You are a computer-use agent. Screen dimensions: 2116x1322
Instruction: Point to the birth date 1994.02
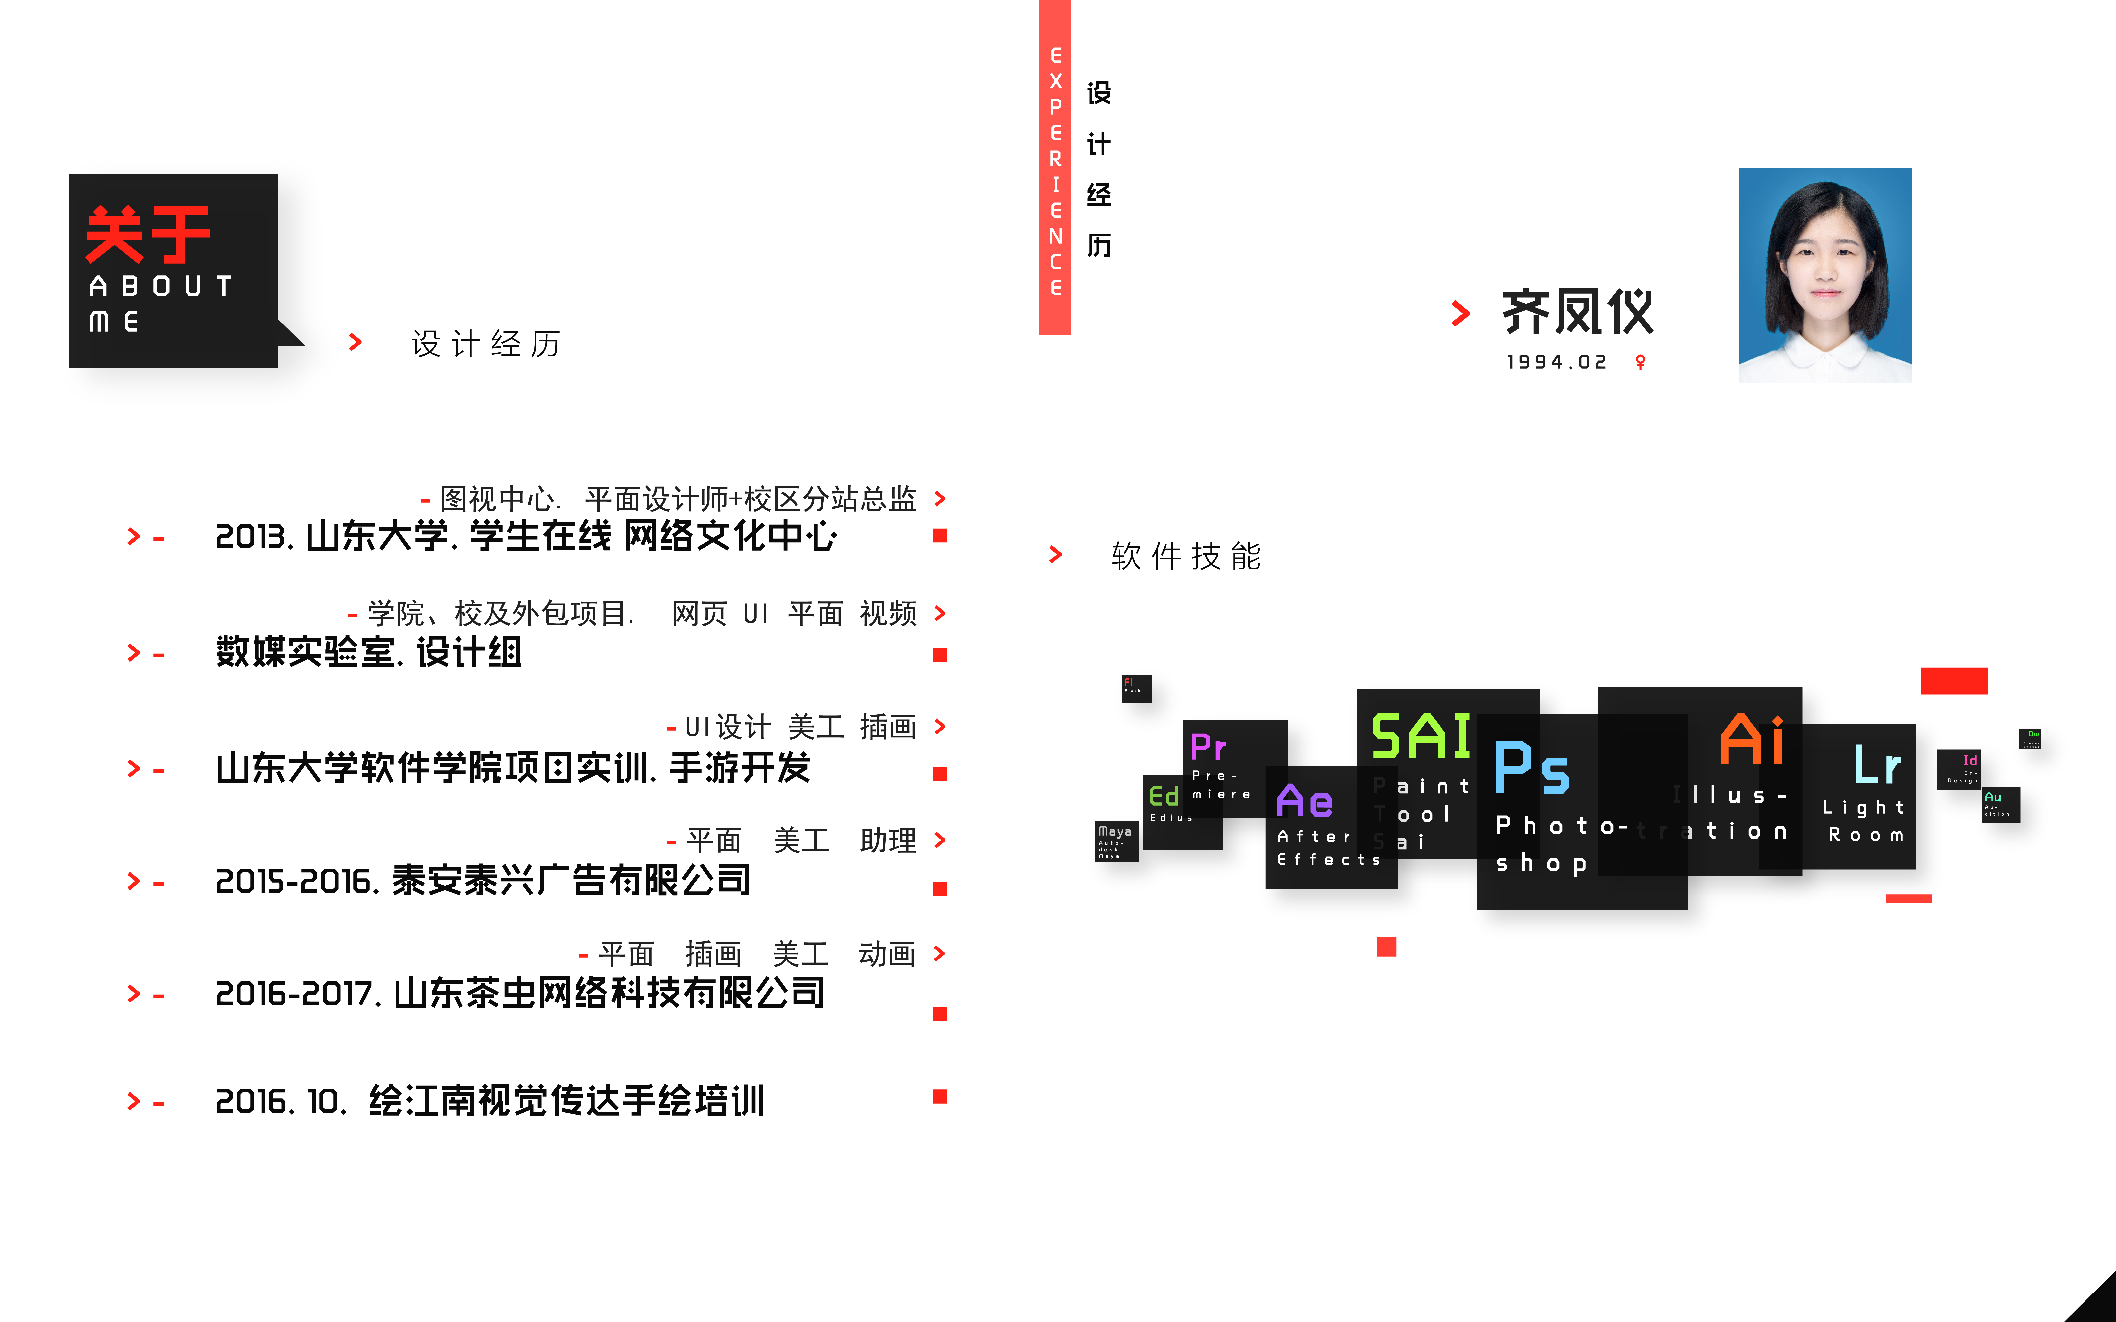[1556, 362]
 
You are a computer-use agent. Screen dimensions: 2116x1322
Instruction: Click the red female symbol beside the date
[1640, 362]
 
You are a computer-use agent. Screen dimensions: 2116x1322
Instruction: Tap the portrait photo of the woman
[1825, 275]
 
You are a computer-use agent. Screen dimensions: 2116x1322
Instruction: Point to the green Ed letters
[1164, 796]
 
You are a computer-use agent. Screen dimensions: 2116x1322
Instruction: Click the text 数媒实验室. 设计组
[368, 652]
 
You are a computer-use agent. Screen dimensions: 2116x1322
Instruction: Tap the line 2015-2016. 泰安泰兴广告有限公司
[483, 881]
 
